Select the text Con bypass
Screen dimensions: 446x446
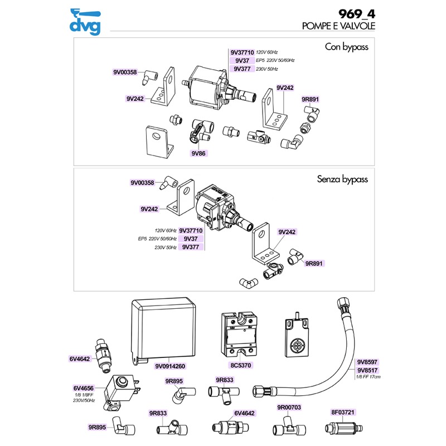[346, 47]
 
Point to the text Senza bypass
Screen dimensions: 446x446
[342, 180]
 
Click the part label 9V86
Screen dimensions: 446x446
[198, 153]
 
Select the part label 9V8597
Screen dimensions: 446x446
[367, 362]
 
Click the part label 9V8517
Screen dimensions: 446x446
[367, 370]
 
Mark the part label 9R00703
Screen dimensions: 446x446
[289, 408]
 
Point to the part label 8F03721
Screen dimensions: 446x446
[343, 413]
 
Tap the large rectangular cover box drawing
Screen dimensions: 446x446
[163, 328]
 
